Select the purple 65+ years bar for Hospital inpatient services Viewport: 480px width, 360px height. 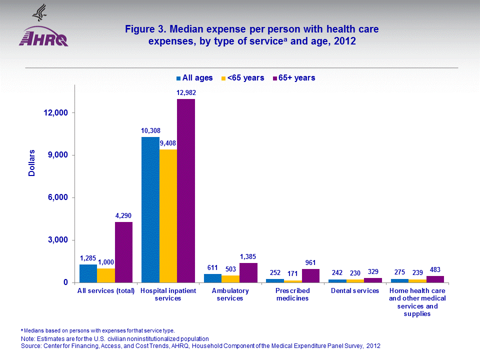pyautogui.click(x=186, y=190)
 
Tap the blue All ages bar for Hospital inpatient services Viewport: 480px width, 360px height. pyautogui.click(x=150, y=209)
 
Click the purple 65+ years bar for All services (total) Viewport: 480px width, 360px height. pyautogui.click(x=123, y=252)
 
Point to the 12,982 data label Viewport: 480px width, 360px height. pyautogui.click(x=186, y=93)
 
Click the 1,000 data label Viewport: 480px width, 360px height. pyautogui.click(x=106, y=262)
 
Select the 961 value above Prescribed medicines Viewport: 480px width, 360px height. pyautogui.click(x=310, y=263)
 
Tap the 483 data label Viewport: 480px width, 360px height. pyautogui.click(x=435, y=270)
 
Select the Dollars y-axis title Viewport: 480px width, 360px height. pyautogui.click(x=31, y=163)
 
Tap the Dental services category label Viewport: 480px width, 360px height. pyautogui.click(x=354, y=290)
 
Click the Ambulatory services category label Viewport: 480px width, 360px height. pyautogui.click(x=230, y=294)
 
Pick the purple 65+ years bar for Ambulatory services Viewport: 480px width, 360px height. pyautogui.click(x=248, y=272)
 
